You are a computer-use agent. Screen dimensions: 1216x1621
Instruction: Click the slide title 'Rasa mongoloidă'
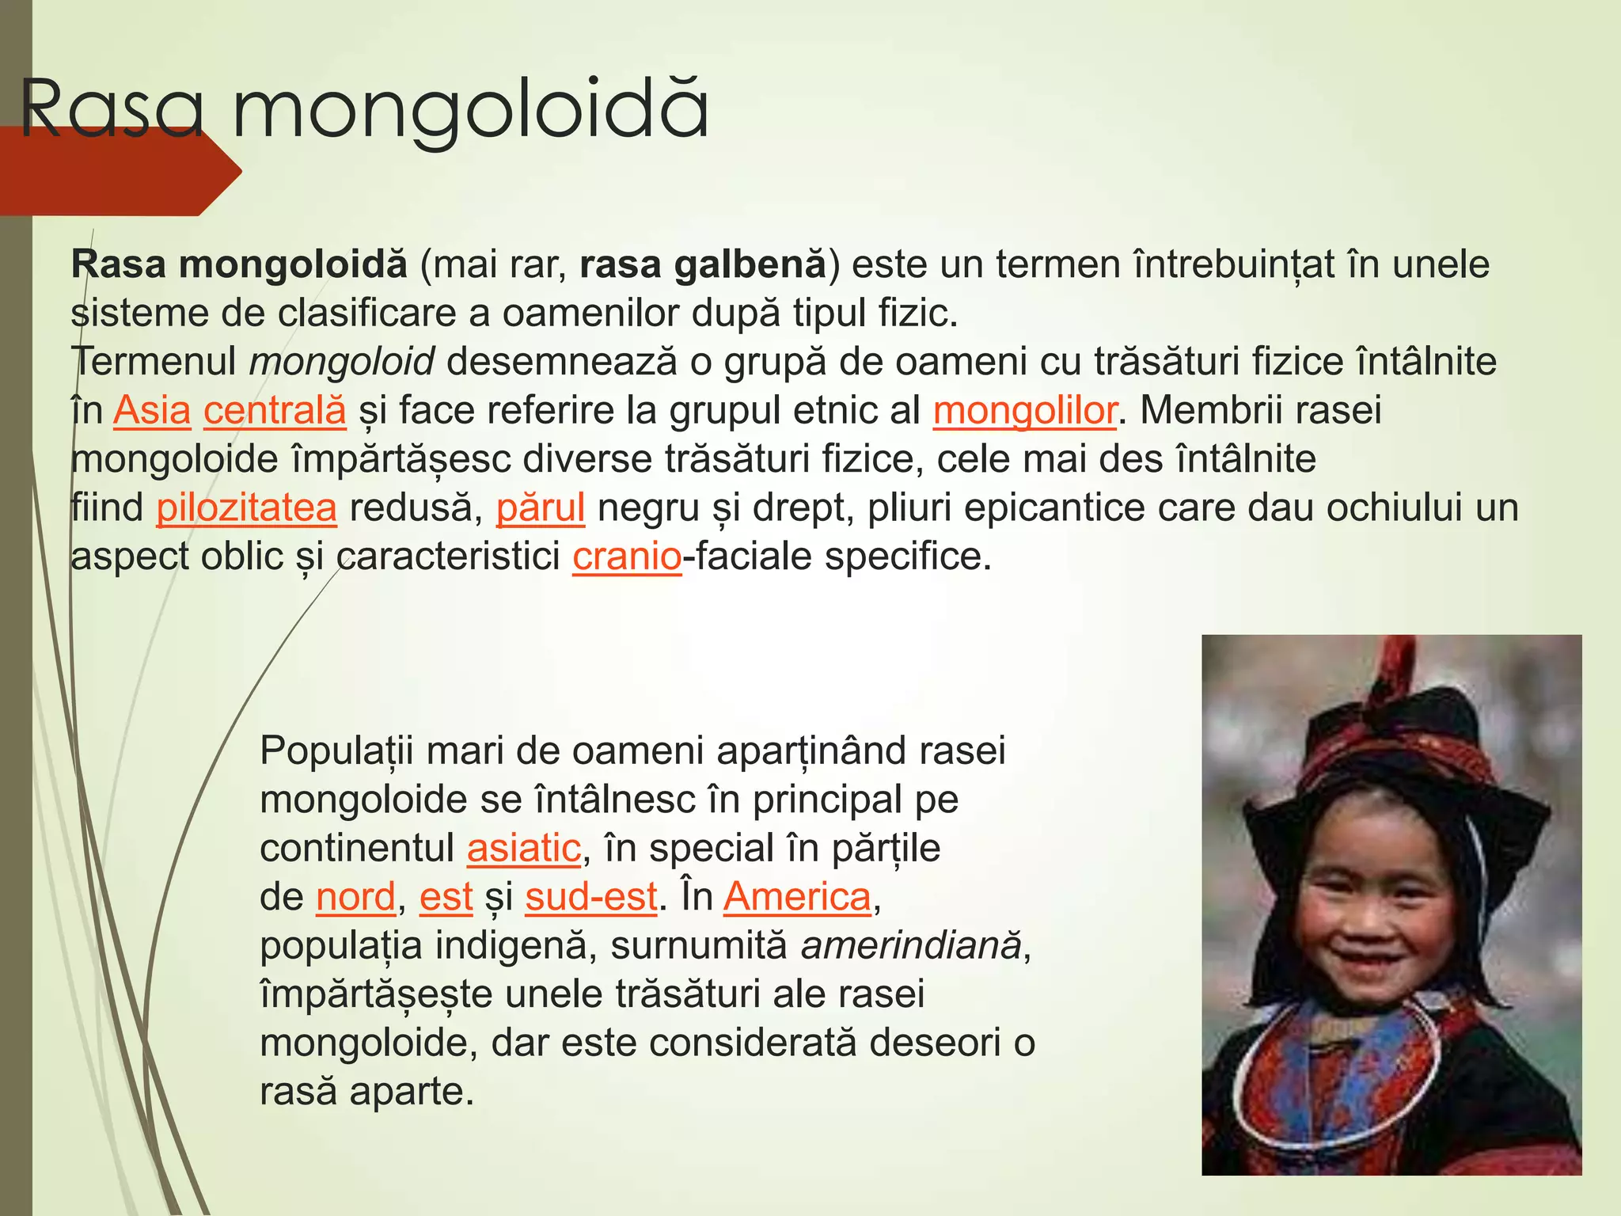click(x=364, y=109)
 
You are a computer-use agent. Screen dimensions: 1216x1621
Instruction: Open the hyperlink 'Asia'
click(x=152, y=410)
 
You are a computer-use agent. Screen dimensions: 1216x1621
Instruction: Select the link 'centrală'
click(x=275, y=410)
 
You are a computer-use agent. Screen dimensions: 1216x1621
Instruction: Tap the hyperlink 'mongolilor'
click(x=1025, y=410)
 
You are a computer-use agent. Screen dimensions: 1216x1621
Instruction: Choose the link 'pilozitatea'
click(x=246, y=507)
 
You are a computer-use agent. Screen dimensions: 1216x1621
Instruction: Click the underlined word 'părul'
click(x=541, y=507)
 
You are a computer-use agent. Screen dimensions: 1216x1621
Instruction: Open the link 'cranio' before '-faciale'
click(x=627, y=557)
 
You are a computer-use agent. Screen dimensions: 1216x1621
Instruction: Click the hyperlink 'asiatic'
click(x=524, y=848)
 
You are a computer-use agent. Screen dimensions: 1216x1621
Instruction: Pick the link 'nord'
click(x=355, y=897)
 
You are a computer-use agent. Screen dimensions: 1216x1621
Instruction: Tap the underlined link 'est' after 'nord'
click(x=446, y=897)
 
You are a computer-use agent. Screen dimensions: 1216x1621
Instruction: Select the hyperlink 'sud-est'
click(x=591, y=897)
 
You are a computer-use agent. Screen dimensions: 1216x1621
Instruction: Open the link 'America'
click(x=797, y=897)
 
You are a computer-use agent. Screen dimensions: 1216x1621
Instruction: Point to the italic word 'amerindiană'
click(x=910, y=946)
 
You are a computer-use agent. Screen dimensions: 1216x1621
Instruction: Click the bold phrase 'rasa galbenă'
click(x=702, y=264)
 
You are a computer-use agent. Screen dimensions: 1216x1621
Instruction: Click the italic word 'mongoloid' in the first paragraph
click(x=341, y=362)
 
